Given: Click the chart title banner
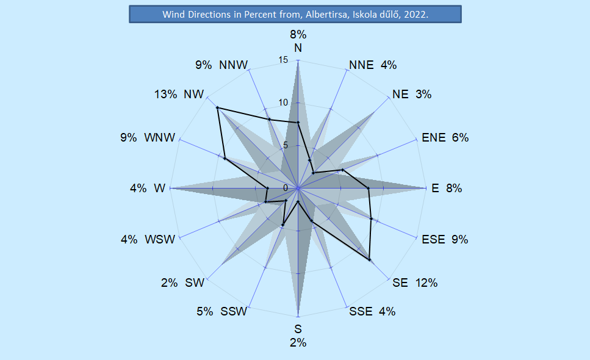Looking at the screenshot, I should pyautogui.click(x=295, y=14).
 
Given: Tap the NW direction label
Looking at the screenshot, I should pyautogui.click(x=193, y=94).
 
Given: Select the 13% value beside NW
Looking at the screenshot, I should pyautogui.click(x=165, y=94).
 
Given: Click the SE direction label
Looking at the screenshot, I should pyautogui.click(x=400, y=283).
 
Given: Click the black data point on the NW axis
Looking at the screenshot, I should pyautogui.click(x=217, y=108).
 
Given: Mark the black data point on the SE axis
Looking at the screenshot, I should pyautogui.click(x=370, y=260).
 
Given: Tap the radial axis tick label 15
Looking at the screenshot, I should pyautogui.click(x=283, y=60).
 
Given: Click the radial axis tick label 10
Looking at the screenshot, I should pyautogui.click(x=283, y=103).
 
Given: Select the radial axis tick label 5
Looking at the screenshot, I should pyautogui.click(x=284, y=145).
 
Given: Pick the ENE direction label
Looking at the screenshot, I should pyautogui.click(x=434, y=138).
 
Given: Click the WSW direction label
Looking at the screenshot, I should pyautogui.click(x=160, y=239).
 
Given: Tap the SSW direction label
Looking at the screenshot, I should pyautogui.click(x=234, y=312).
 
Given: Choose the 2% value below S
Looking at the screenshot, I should pyautogui.click(x=298, y=342).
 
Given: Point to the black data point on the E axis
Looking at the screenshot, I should pyautogui.click(x=369, y=189).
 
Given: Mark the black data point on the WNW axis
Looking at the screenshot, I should pyautogui.click(x=225, y=159).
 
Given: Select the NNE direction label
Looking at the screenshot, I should pyautogui.click(x=361, y=65).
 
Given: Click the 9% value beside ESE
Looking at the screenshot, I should pyautogui.click(x=459, y=239).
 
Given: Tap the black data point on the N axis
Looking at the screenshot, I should pyautogui.click(x=298, y=123).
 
